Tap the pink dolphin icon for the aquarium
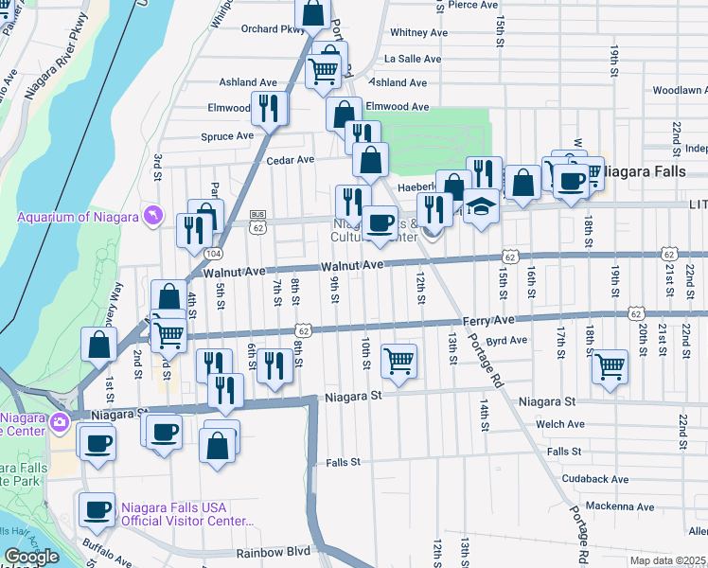(151, 217)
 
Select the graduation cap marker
(481, 207)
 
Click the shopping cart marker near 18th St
(611, 364)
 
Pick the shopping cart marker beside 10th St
(398, 361)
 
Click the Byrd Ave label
(506, 341)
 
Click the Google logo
(31, 557)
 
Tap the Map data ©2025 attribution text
(667, 560)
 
